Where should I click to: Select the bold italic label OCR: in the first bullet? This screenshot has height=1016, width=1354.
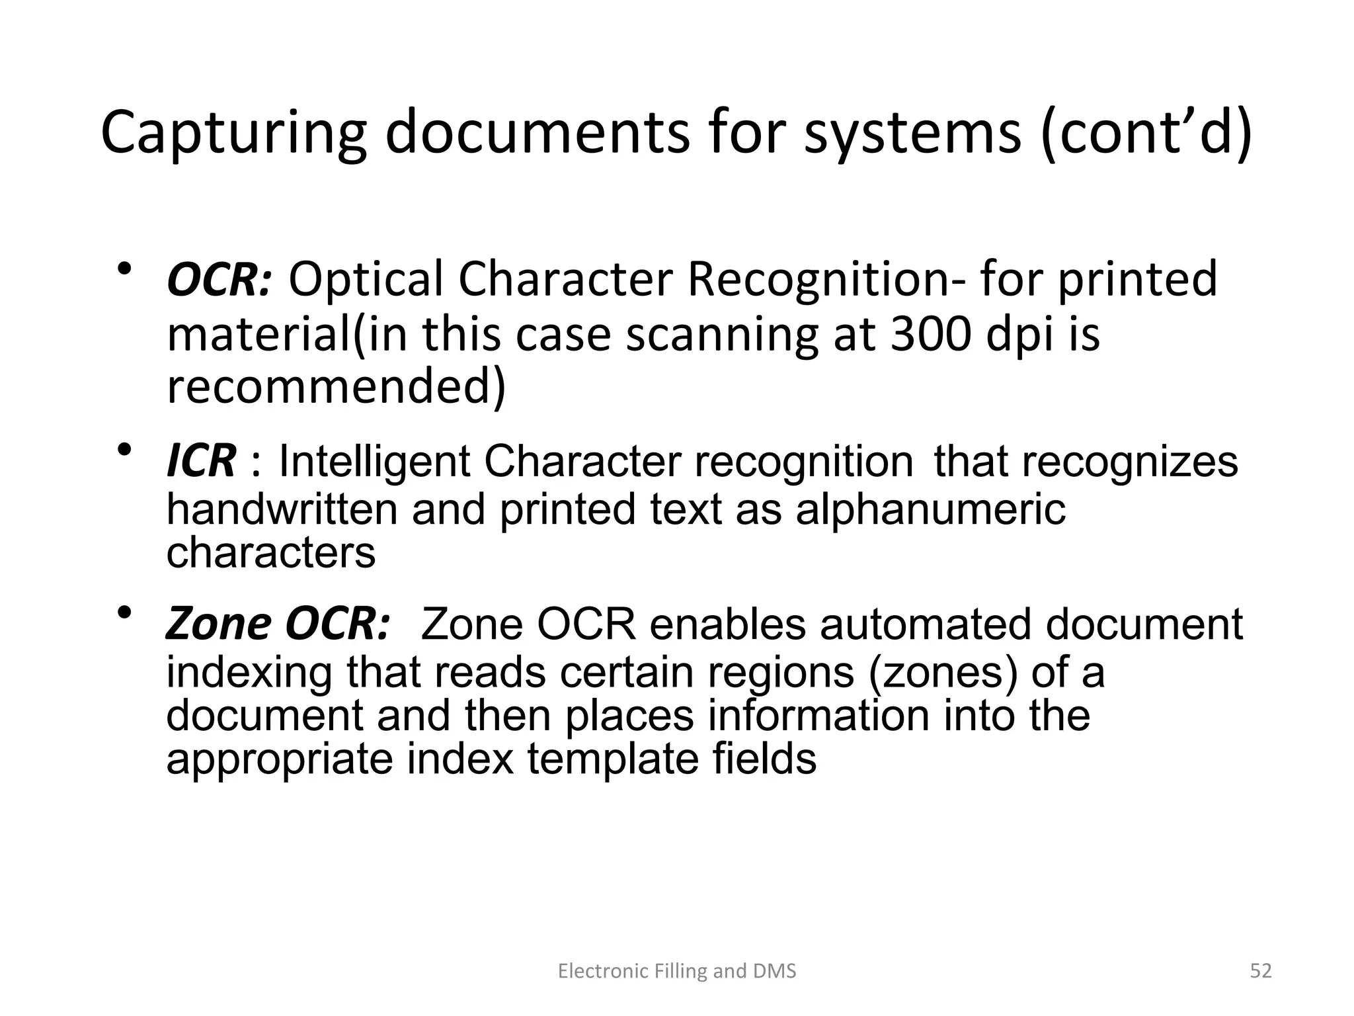coord(219,280)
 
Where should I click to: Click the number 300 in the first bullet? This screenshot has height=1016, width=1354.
coord(930,334)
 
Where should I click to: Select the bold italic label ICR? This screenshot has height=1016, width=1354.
coord(201,461)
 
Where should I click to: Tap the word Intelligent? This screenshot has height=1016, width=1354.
coord(374,461)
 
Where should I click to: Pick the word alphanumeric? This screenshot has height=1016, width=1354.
coord(930,511)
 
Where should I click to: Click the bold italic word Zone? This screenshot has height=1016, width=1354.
coord(218,624)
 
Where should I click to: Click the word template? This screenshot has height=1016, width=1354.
coord(612,758)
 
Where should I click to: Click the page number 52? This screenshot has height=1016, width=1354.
coord(1261,971)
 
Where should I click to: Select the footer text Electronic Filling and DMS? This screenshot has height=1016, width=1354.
coord(677,971)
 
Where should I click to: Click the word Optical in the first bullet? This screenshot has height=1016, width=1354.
coord(366,280)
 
